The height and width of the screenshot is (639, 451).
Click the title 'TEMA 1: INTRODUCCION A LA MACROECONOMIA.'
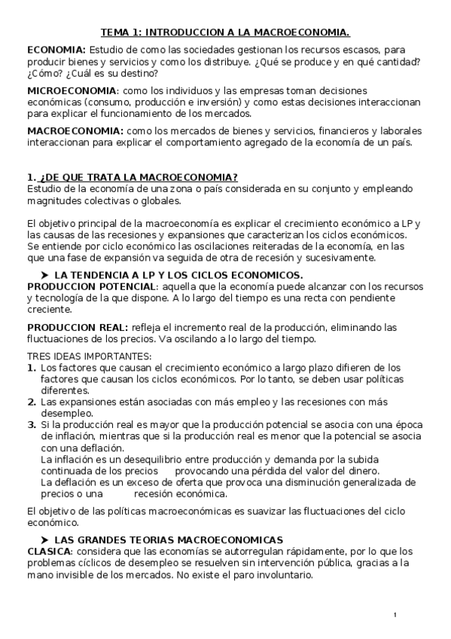coord(226,32)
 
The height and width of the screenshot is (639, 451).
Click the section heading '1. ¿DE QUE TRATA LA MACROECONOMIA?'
coord(133,177)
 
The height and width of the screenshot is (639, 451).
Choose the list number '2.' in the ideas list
coord(32,402)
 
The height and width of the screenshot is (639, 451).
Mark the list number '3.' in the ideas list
coord(32,425)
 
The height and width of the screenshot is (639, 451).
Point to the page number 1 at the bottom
coord(395,616)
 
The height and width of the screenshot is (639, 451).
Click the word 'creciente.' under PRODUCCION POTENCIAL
coord(50,309)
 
